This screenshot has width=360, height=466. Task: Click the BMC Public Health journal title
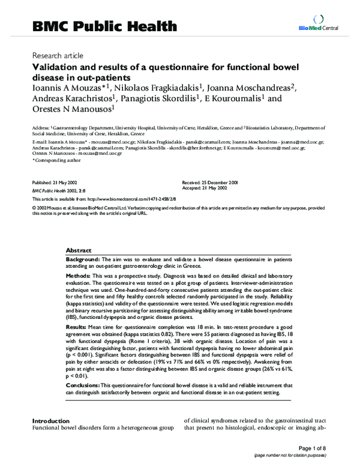(x=104, y=26)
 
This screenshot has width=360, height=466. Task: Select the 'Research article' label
(x=55, y=54)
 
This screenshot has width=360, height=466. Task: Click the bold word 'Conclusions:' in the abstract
(x=83, y=384)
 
